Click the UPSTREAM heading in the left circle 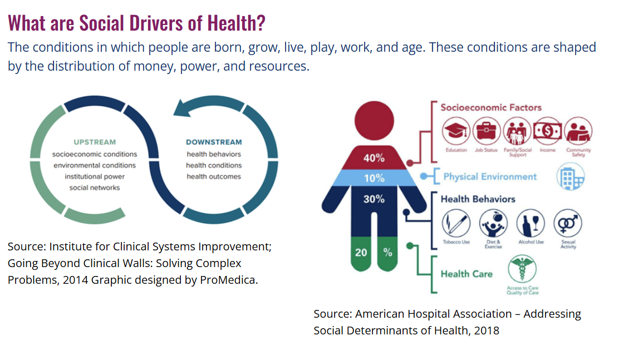pos(95,142)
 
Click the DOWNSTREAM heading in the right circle pos(214,142)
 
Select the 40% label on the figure pos(374,158)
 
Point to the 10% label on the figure pos(374,179)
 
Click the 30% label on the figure pos(374,199)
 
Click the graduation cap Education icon pos(456,131)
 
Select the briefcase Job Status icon pos(487,131)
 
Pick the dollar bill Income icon pos(547,131)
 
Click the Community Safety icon pos(578,131)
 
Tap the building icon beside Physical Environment pos(571,177)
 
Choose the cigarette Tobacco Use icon pos(456,224)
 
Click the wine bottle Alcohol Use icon pos(531,224)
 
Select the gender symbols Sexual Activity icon pos(568,224)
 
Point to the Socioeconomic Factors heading pos(490,107)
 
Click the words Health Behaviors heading pos(478,199)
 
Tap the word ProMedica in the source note pos(233,280)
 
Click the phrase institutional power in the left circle pos(95,176)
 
